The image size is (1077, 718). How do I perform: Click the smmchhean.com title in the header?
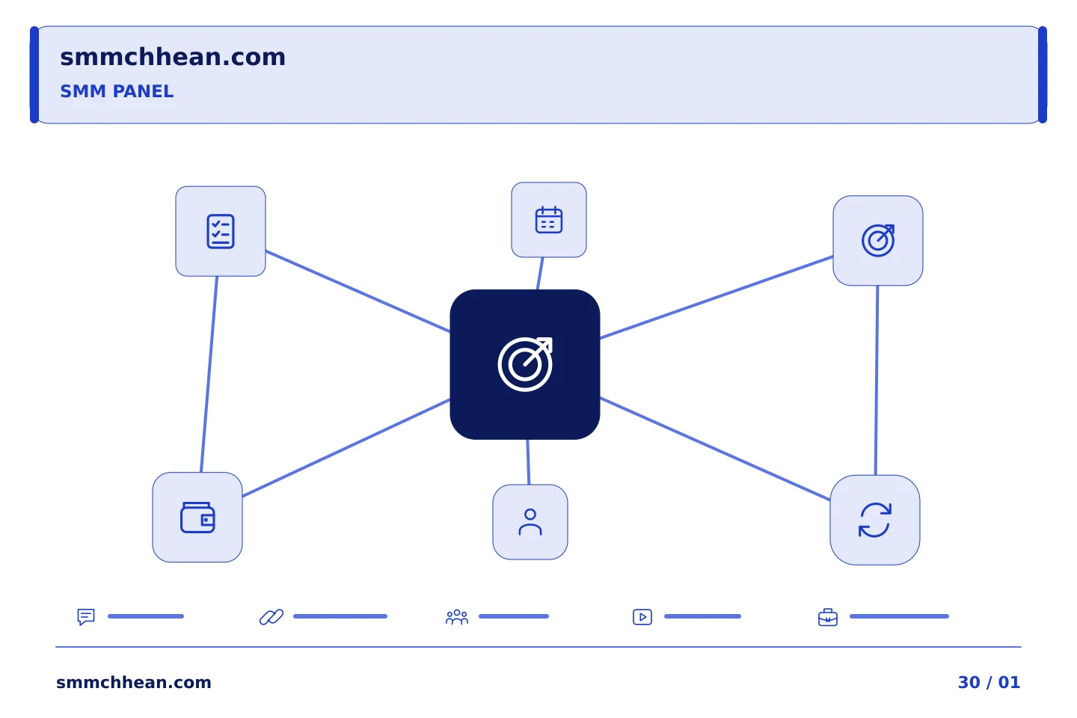(x=173, y=58)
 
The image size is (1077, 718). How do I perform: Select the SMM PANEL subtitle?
(x=117, y=91)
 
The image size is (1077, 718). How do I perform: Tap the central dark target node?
(x=524, y=364)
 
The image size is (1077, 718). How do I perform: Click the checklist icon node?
(x=220, y=231)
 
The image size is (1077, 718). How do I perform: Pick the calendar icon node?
(x=549, y=220)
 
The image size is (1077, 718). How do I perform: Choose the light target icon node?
(x=877, y=241)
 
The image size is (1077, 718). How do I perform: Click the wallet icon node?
(x=197, y=517)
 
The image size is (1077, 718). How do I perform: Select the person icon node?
(x=530, y=522)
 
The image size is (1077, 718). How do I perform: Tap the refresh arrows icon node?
(x=874, y=520)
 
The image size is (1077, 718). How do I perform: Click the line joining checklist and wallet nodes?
(x=209, y=374)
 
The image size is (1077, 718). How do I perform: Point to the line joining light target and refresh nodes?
(x=877, y=381)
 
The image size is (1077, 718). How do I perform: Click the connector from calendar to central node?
(x=540, y=274)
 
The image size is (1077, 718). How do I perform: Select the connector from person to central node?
(x=528, y=462)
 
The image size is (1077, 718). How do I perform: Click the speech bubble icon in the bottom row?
(x=86, y=616)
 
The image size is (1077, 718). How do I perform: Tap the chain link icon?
(x=271, y=617)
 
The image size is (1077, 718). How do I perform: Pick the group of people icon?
(x=457, y=616)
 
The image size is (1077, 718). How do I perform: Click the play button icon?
(x=642, y=617)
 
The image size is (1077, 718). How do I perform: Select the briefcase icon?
(x=827, y=618)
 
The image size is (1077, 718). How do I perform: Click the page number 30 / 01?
(x=989, y=682)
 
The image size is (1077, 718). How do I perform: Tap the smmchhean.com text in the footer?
(x=134, y=682)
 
